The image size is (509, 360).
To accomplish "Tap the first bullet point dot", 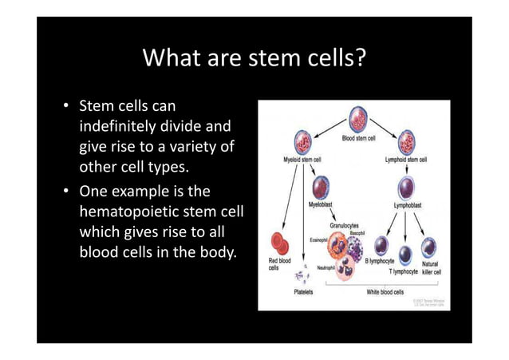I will click(68, 108).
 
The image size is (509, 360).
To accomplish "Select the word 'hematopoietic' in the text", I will click(132, 212).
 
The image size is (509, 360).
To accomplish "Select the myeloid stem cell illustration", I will click(304, 143).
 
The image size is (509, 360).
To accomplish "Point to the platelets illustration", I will click(302, 276).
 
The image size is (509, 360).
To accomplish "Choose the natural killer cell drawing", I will click(429, 247).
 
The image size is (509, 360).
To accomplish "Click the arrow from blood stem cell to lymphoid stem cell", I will click(383, 125).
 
